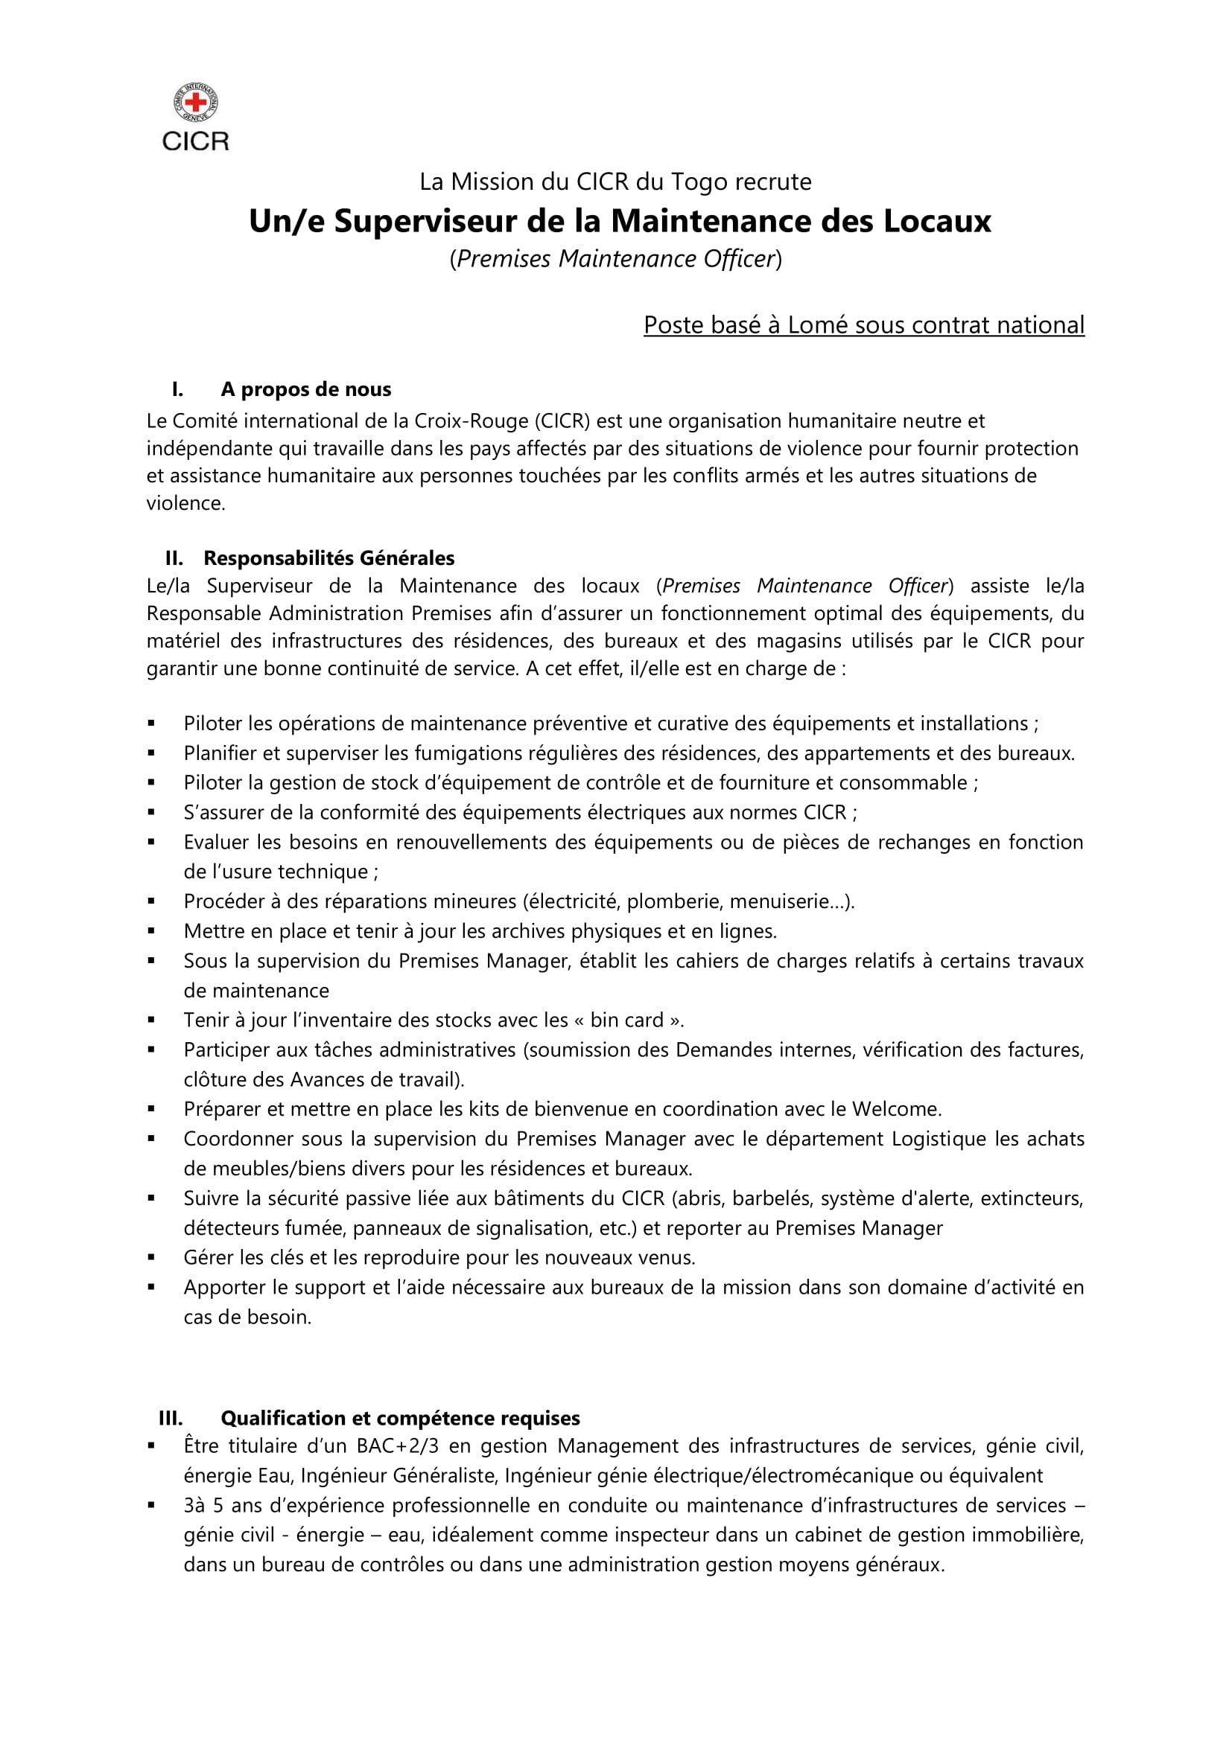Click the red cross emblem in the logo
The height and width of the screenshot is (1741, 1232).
pos(196,103)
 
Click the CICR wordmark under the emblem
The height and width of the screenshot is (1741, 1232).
pos(196,141)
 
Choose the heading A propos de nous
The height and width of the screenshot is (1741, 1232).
pos(305,390)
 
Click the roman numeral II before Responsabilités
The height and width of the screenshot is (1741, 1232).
pos(174,559)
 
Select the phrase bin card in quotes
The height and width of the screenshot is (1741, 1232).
pos(627,1020)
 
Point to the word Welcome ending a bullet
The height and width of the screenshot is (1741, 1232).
pos(895,1109)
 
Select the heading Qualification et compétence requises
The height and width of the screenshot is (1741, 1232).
pos(400,1419)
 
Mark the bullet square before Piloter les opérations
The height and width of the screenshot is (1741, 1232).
pos(152,724)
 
